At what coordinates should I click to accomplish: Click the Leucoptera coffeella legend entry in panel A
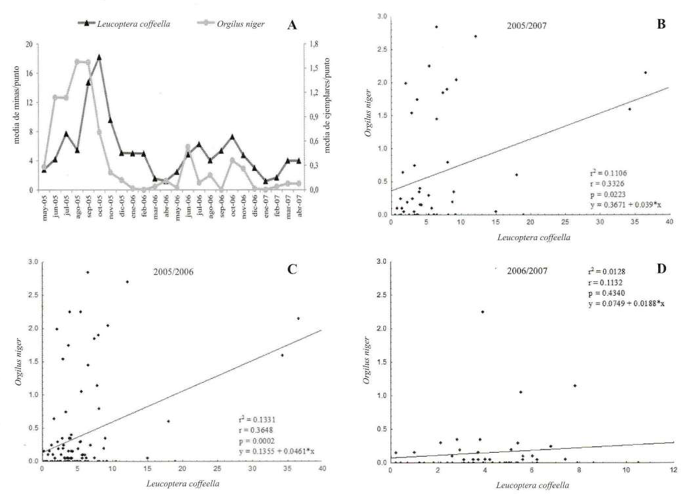124,24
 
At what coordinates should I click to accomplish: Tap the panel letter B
661,24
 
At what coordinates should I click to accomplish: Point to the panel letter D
661,269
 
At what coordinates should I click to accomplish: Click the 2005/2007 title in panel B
527,26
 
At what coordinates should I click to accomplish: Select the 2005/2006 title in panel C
173,272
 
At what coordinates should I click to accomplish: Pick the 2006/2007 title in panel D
527,271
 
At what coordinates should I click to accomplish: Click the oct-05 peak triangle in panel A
99,57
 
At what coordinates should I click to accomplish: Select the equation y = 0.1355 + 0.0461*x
277,451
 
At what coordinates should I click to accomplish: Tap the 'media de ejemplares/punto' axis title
328,105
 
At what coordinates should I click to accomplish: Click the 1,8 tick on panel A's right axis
314,44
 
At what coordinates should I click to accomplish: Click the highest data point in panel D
483,312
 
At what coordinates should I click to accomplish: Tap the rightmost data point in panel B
646,73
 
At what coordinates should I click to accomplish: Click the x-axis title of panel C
183,484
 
